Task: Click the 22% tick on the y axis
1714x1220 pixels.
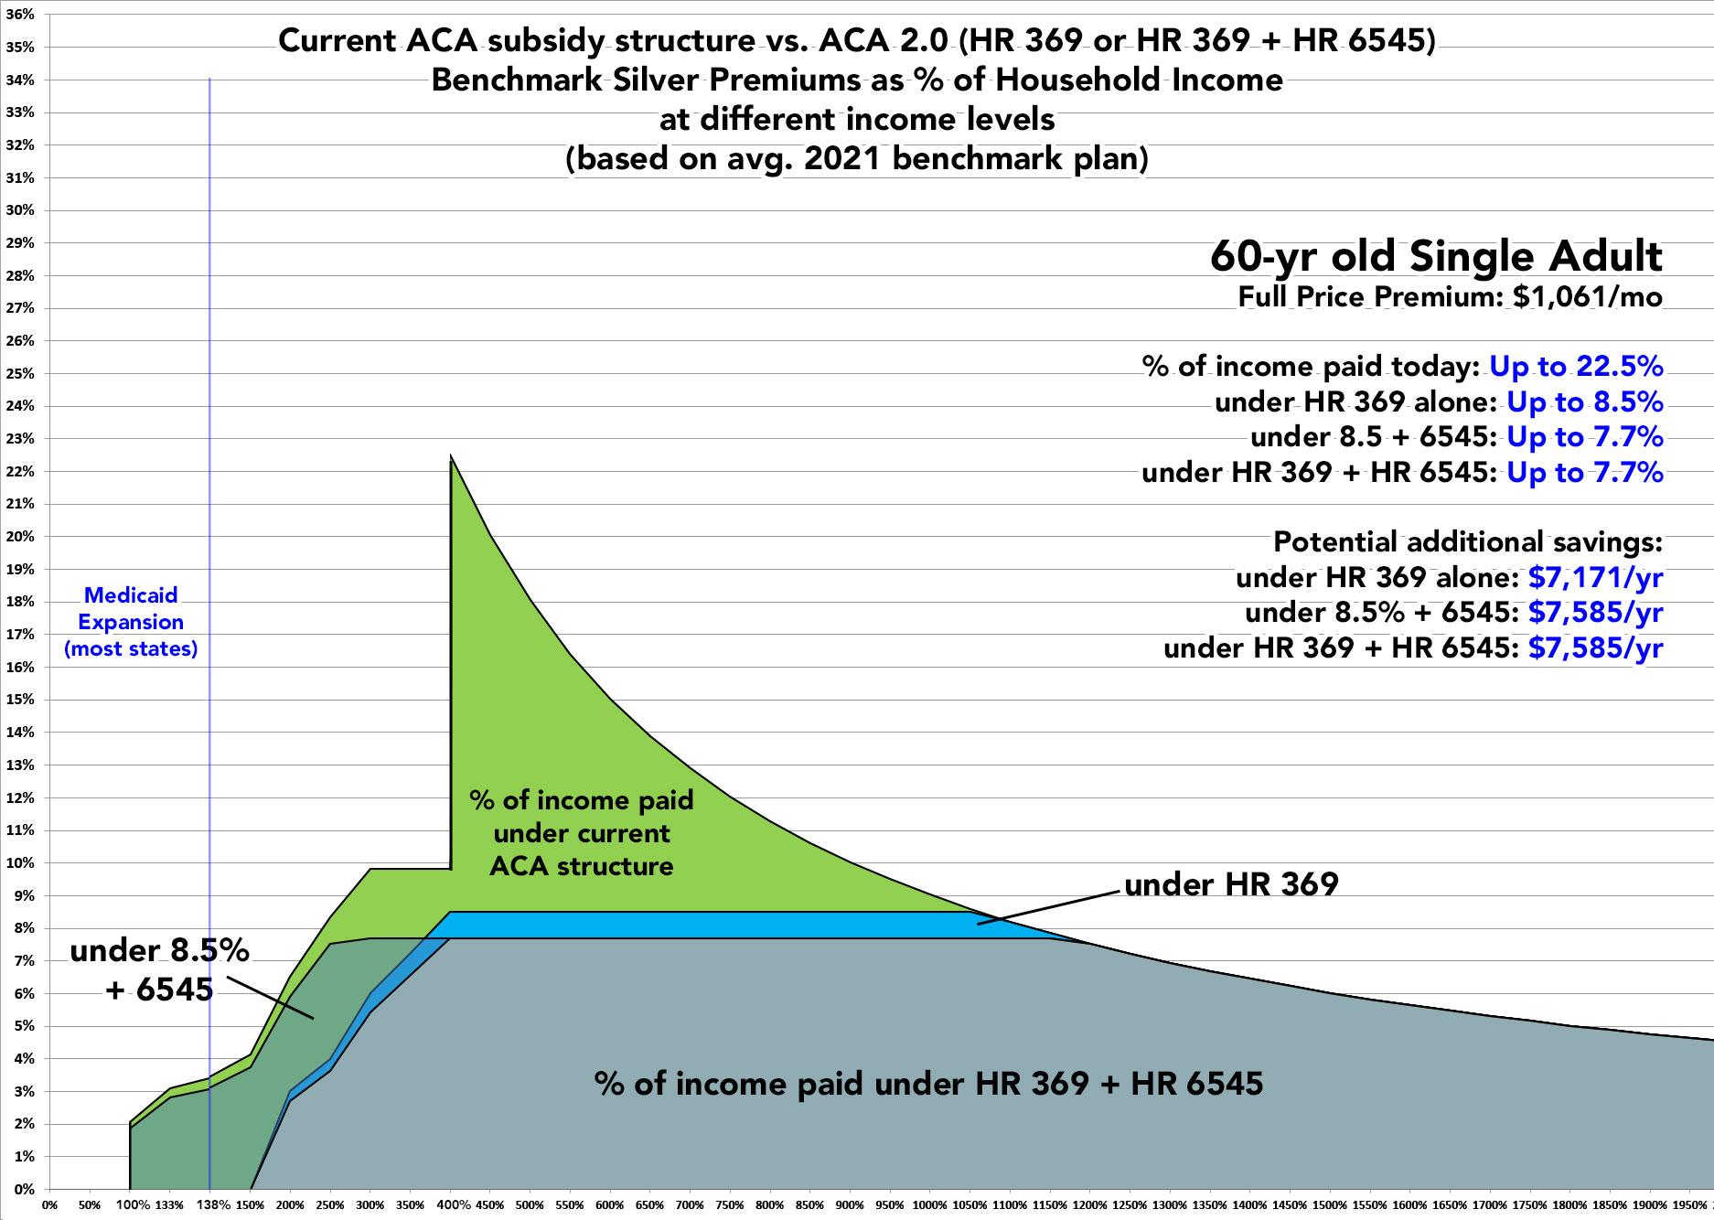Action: point(22,472)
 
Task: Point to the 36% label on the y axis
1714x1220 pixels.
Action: point(22,15)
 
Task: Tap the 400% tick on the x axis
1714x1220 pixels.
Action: point(451,1205)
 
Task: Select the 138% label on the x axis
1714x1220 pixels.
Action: point(210,1205)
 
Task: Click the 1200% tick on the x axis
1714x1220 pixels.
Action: point(1091,1205)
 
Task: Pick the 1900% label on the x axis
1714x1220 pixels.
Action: point(1652,1205)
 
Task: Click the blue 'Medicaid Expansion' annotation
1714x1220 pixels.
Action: point(131,622)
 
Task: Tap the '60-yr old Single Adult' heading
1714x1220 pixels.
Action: point(1436,257)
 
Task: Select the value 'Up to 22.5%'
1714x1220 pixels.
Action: point(1576,366)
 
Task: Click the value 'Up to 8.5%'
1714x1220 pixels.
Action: point(1584,401)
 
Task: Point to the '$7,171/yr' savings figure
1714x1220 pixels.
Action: point(1595,577)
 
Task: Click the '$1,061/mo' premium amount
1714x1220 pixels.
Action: point(1588,297)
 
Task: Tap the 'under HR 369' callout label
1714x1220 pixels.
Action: point(1231,884)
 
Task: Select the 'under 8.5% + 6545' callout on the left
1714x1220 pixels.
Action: point(159,969)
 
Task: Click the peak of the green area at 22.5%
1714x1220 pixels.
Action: point(451,456)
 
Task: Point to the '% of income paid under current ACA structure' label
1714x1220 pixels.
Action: point(582,833)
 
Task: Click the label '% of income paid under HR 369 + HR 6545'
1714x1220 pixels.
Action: point(928,1084)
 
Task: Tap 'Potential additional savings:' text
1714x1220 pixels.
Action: point(1467,541)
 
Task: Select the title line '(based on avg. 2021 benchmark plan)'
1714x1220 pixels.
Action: point(857,159)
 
